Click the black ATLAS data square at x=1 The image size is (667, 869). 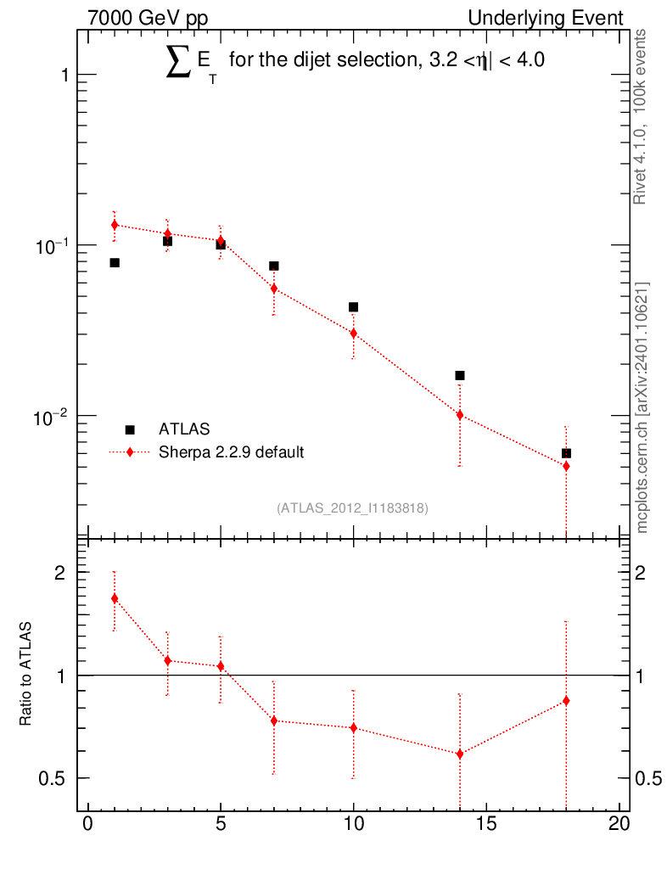point(115,263)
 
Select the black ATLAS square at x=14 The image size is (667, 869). point(460,375)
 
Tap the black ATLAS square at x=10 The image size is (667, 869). point(354,307)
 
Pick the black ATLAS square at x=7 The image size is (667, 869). point(274,266)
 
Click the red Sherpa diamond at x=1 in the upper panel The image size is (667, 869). point(115,225)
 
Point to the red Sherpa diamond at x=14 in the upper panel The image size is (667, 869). point(460,415)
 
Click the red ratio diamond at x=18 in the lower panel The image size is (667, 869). point(566,701)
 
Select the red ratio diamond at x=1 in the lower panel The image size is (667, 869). point(115,598)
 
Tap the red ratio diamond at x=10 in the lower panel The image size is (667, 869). point(354,728)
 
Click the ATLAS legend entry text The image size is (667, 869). point(184,429)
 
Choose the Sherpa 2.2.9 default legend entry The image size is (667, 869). point(231,452)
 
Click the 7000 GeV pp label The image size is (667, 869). point(148,18)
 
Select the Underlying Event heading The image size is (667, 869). point(546,18)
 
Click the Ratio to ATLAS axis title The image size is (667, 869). point(26,674)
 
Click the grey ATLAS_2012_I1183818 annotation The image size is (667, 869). point(352,508)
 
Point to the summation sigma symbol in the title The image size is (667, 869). point(177,64)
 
